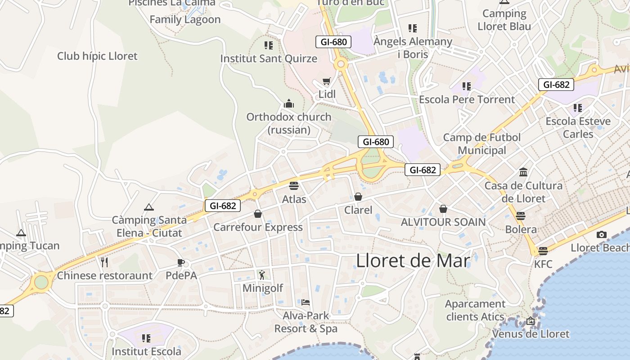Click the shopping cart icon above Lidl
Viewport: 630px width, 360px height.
coord(326,81)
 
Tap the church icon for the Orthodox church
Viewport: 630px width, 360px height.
coord(289,104)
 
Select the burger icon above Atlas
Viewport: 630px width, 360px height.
coord(294,185)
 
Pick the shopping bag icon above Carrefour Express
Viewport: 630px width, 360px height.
coord(258,213)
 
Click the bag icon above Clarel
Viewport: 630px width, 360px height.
coord(358,197)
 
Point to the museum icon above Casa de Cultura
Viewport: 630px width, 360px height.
coord(523,172)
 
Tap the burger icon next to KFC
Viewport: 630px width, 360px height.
coord(543,251)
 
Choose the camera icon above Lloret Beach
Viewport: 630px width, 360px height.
coord(601,234)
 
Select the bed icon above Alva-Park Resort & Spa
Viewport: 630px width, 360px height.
coord(306,302)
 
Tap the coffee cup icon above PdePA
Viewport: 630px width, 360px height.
coord(181,262)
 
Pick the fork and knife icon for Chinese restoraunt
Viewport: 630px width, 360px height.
coord(104,262)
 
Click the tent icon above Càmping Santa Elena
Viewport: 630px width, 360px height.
coord(149,207)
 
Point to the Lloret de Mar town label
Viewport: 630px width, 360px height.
coord(413,261)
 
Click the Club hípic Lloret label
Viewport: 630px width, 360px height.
coord(97,56)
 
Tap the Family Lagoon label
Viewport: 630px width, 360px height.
coord(185,19)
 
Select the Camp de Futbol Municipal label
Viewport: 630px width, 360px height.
coord(482,144)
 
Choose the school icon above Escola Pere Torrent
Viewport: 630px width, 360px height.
coord(467,86)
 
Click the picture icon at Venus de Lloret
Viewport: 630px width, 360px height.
coord(531,321)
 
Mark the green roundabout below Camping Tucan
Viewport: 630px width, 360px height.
coord(41,282)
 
